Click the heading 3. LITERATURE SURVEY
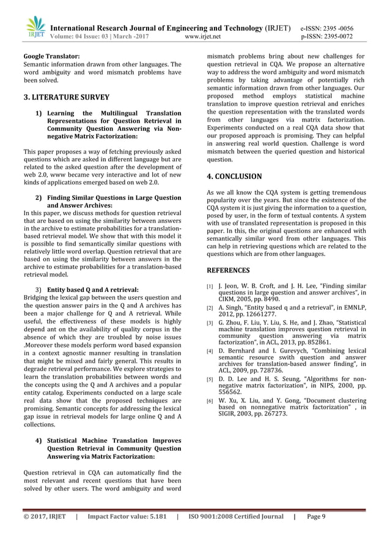tap(66, 97)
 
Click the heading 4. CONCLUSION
tap(235, 177)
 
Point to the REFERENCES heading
tap(229, 270)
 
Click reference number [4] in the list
tap(209, 351)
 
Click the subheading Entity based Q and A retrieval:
tap(93, 289)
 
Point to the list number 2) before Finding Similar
tap(39, 198)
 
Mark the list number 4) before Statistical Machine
tap(39, 439)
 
